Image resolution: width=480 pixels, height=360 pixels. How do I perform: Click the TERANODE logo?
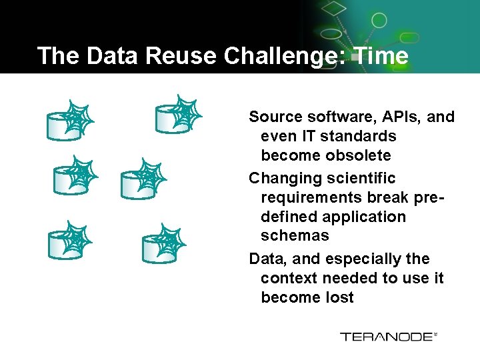pyautogui.click(x=389, y=337)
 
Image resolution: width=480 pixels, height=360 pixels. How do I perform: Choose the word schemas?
pyautogui.click(x=295, y=235)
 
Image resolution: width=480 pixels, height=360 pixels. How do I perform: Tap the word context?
pyautogui.click(x=290, y=278)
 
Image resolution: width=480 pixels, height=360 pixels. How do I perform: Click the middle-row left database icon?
pyautogui.click(x=73, y=176)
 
